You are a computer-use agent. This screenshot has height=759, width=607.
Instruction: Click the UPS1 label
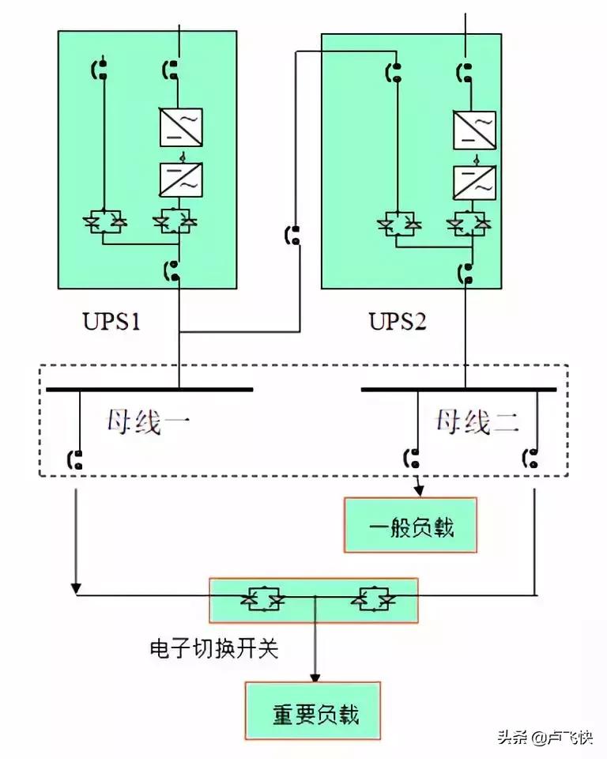pos(111,323)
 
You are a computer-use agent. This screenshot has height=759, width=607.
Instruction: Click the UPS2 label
pos(398,323)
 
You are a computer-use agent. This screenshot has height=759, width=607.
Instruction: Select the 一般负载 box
pos(410,525)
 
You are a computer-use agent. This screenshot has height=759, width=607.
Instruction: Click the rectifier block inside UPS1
pos(181,126)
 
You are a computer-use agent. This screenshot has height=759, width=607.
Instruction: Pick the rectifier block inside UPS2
pos(474,129)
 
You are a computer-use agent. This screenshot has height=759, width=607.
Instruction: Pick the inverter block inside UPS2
pos(474,182)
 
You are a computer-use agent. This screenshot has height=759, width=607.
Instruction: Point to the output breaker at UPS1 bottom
pos(172,271)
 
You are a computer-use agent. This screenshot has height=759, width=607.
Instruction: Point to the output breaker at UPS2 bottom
pos(466,274)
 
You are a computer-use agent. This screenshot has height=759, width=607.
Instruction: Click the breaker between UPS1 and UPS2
pos(292,236)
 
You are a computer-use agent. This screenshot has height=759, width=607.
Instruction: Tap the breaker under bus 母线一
pos(76,459)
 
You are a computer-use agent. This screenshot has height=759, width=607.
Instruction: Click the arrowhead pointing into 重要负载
pos(315,677)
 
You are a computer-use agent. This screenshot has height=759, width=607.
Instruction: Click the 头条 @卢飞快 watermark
pos(545,738)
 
